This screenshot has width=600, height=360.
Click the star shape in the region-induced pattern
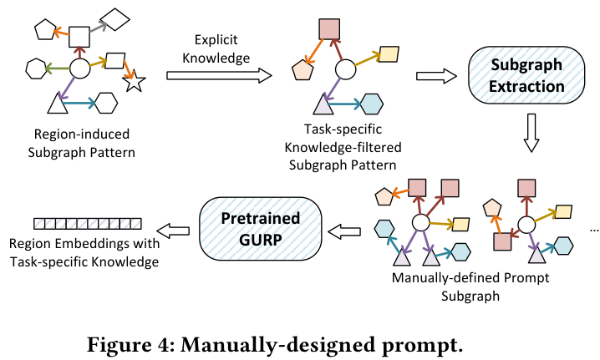click(x=135, y=83)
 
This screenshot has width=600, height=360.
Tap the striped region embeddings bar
click(x=88, y=224)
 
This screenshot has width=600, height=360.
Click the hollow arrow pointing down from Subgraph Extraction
click(x=531, y=132)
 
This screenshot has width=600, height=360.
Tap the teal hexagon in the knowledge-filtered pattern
click(x=372, y=104)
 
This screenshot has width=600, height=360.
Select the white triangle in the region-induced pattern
click(x=58, y=104)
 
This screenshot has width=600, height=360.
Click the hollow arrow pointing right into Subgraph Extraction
click(x=436, y=75)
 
